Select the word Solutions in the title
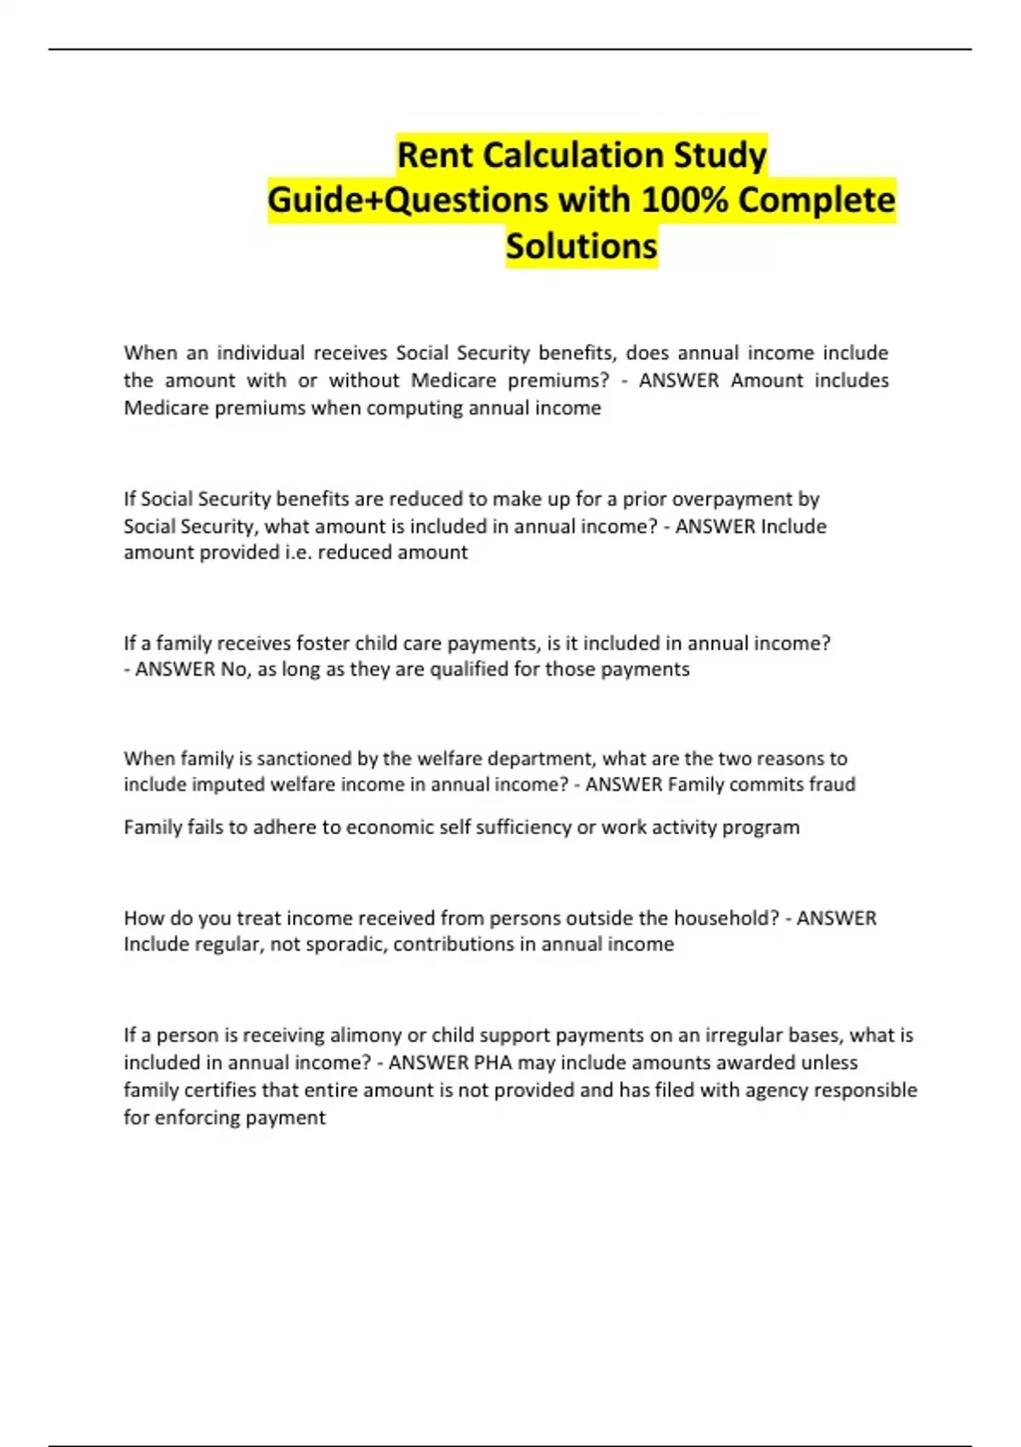coord(581,246)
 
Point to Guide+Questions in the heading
coord(408,201)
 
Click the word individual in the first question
coord(260,352)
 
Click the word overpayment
coord(733,499)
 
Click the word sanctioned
coord(294,758)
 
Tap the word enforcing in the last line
coord(198,1118)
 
